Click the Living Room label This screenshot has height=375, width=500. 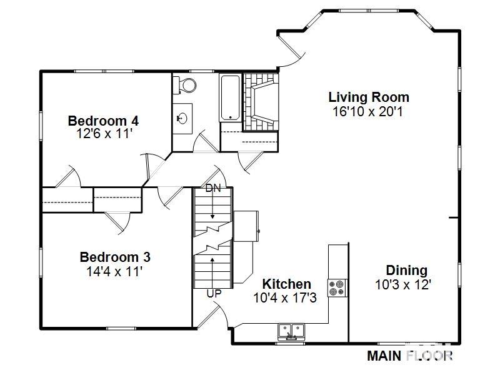[x=369, y=97]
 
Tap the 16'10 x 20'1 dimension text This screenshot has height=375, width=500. [x=369, y=112]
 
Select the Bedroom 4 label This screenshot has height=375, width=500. [x=103, y=120]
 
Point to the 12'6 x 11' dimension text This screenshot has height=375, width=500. [x=103, y=134]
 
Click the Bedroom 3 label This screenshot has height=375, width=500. [x=115, y=257]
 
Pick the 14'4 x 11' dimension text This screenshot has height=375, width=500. [x=115, y=271]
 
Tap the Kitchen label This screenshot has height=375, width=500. [x=286, y=284]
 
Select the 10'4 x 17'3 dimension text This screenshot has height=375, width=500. [x=285, y=298]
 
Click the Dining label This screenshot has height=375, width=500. [x=406, y=270]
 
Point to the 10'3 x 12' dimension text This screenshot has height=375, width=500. [x=403, y=284]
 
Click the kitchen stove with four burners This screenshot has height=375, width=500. [x=337, y=286]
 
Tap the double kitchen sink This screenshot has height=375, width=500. [x=291, y=331]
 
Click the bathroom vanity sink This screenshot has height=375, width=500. [x=182, y=117]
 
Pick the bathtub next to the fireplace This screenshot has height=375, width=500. [x=230, y=97]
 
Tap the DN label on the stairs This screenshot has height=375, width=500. [x=212, y=187]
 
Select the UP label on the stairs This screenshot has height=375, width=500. [x=212, y=292]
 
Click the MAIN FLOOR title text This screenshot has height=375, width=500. [x=409, y=356]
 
